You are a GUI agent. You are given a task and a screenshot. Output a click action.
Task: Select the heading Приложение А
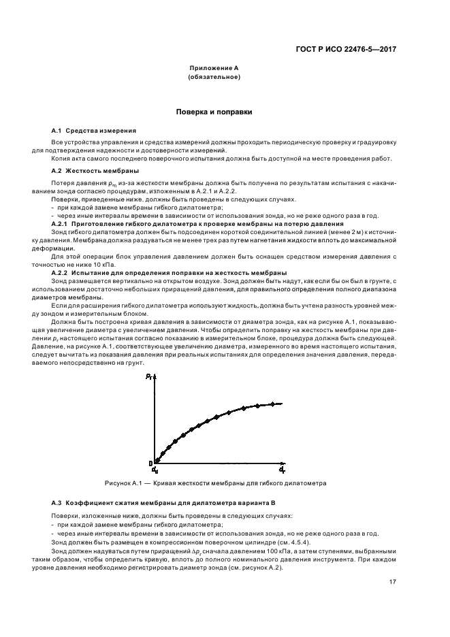(x=214, y=69)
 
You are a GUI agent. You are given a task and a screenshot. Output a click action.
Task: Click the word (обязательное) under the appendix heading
(x=214, y=77)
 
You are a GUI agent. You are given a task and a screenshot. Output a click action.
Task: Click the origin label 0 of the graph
(x=150, y=464)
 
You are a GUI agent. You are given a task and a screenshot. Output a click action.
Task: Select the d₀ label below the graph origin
(x=155, y=470)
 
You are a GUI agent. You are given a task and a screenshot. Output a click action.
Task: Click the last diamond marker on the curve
(x=272, y=404)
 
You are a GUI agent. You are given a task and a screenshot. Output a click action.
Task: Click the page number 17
(x=393, y=582)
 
